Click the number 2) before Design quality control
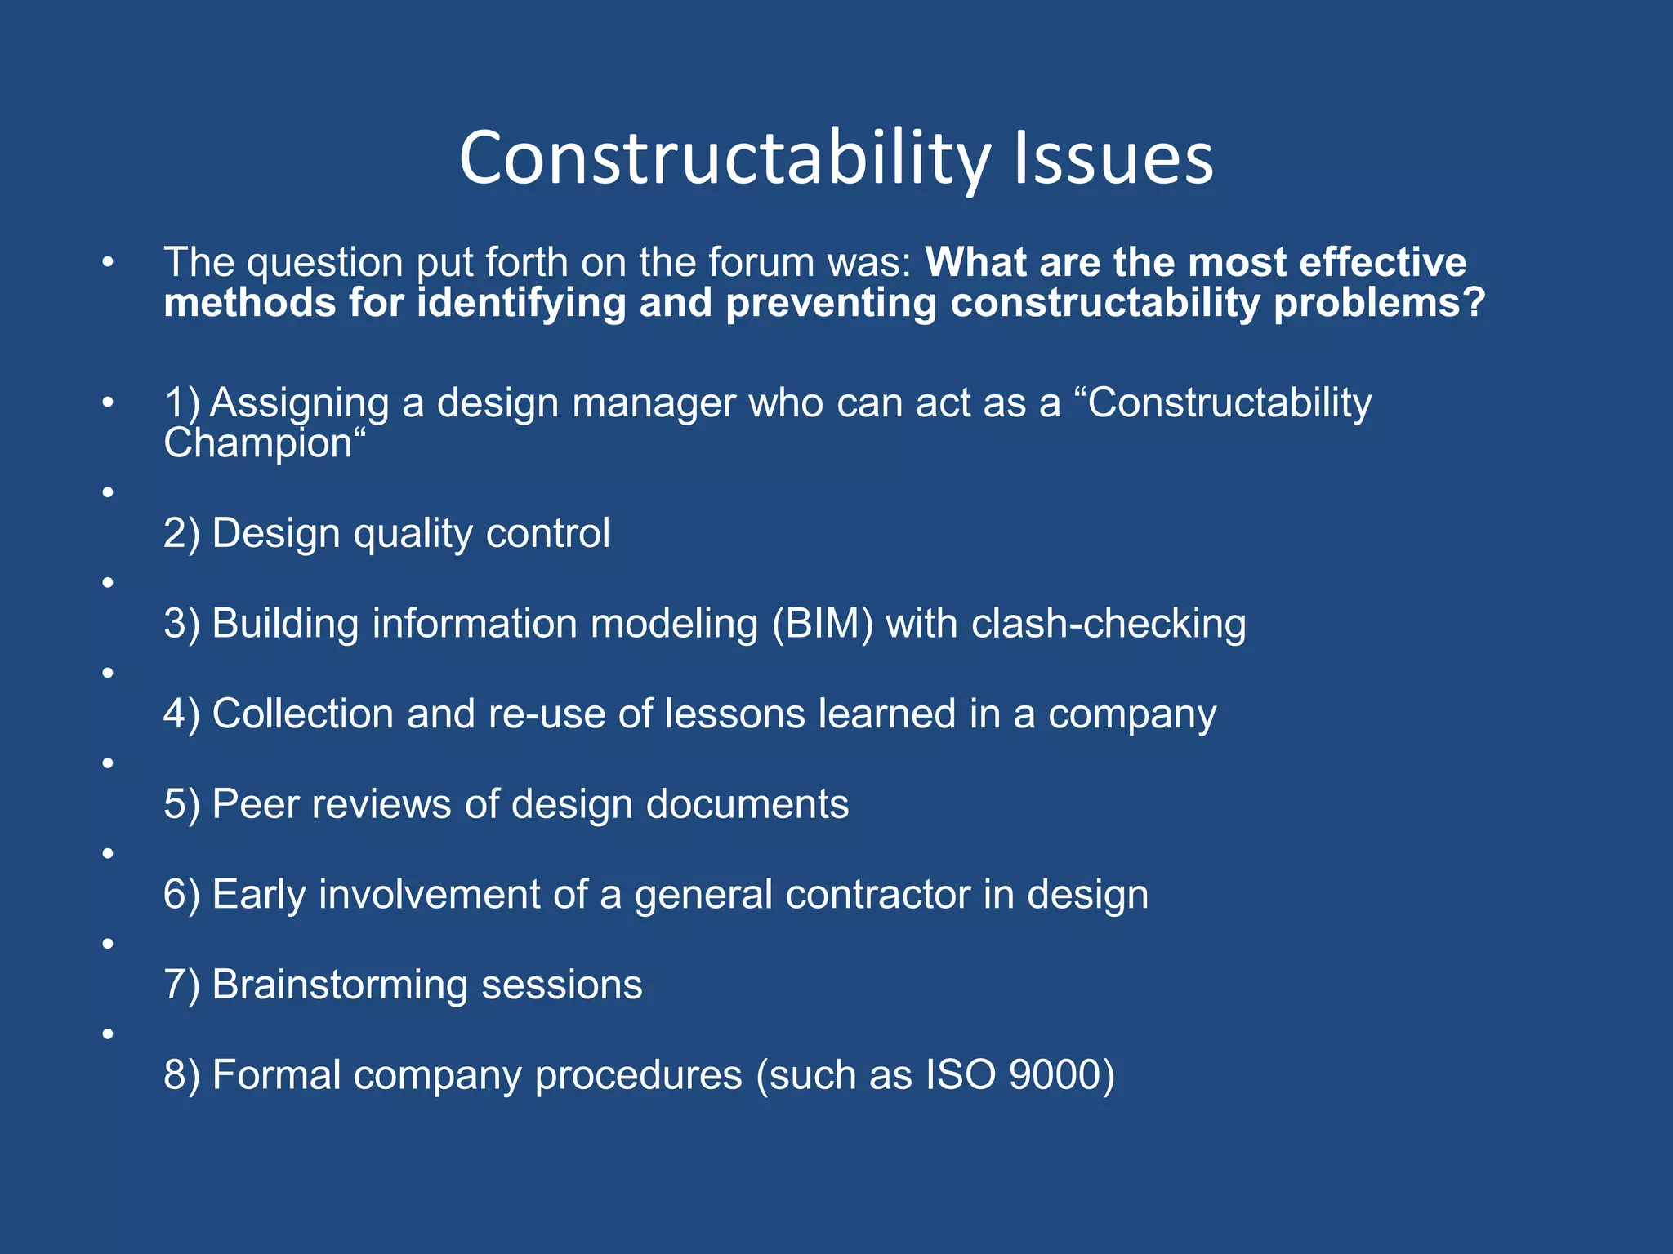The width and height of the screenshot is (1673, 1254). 181,534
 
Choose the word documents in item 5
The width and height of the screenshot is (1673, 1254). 747,804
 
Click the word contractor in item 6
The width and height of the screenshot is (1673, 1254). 877,895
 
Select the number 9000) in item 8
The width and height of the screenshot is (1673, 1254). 1061,1075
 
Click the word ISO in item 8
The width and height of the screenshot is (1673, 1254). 960,1075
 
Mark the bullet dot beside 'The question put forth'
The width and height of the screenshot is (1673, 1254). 107,263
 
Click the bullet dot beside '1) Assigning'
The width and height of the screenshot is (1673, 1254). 107,402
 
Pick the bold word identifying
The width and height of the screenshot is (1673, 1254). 520,304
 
